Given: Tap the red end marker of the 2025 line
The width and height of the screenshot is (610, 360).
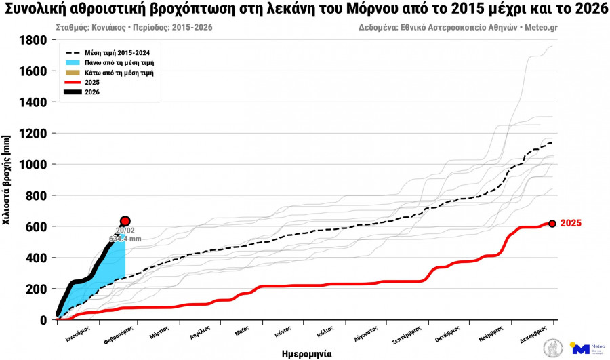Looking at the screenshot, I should [x=552, y=223].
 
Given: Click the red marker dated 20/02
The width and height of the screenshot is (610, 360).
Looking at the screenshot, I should [x=125, y=221].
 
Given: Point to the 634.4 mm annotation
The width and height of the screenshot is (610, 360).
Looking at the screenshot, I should [x=125, y=239].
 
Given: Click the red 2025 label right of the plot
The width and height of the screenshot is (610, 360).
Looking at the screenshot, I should [x=571, y=223].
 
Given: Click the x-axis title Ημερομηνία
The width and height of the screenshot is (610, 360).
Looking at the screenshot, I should [x=306, y=353].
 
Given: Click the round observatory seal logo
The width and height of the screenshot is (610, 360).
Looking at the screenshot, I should [x=552, y=348].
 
